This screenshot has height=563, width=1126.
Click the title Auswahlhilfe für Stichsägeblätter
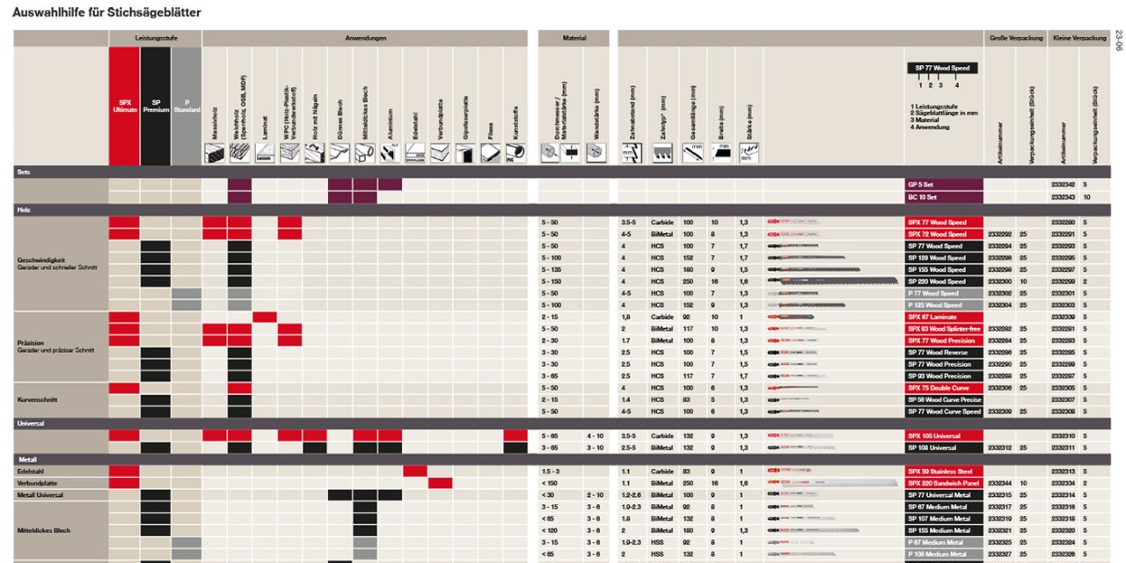point(106,12)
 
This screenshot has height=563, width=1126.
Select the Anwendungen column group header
point(365,39)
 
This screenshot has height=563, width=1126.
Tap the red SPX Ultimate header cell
point(124,106)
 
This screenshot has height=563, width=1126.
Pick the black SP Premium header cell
point(155,106)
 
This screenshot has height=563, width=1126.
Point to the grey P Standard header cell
point(186,106)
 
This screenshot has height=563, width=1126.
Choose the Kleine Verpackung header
point(1078,39)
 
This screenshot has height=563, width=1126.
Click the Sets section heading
point(24,172)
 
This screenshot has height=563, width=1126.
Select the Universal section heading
point(31,423)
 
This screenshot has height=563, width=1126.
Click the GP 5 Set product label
point(944,185)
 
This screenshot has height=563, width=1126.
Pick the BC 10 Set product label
point(944,197)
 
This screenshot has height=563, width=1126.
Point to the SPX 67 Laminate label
point(944,317)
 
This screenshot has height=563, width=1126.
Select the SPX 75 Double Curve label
point(944,388)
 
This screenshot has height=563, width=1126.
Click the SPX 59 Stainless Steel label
point(944,472)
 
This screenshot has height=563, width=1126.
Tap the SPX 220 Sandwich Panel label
point(944,483)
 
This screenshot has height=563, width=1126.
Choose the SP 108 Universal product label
point(944,448)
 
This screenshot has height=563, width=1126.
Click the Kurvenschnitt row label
point(38,399)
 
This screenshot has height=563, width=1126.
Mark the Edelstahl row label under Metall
point(32,472)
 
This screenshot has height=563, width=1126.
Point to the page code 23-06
point(1118,40)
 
